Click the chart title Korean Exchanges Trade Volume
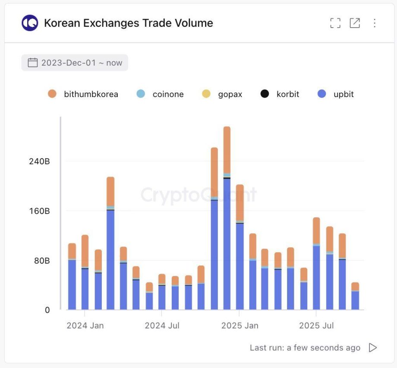129,23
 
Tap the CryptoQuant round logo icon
30,23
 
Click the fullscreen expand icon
335,23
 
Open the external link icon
355,23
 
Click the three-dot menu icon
375,23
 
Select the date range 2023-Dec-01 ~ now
75,63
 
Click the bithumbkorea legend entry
83,94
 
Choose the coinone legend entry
160,94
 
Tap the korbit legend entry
280,94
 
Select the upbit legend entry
336,94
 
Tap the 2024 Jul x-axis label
162,325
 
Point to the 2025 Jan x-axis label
240,325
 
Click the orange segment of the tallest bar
227,150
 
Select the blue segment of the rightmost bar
355,300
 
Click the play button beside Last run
373,348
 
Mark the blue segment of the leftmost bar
72,285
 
